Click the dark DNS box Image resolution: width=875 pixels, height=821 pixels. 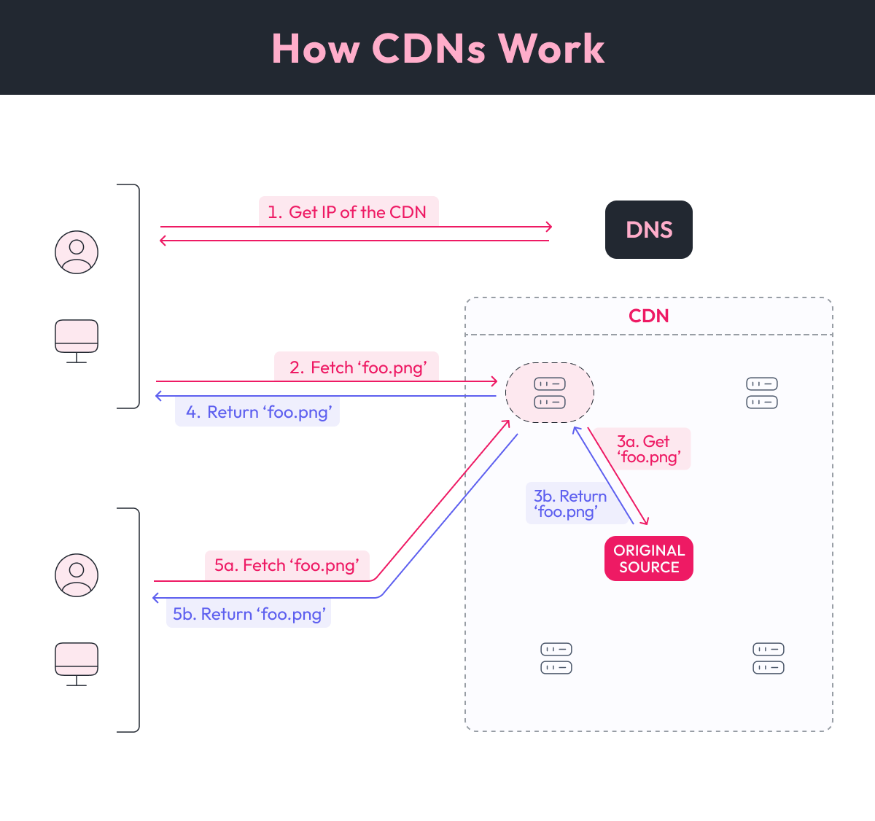click(648, 230)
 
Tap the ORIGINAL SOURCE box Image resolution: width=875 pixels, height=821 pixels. click(648, 559)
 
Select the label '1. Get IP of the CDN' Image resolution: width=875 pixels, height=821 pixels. click(349, 212)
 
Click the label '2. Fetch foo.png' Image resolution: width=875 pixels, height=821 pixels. click(357, 367)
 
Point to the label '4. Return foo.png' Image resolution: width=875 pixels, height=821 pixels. click(257, 413)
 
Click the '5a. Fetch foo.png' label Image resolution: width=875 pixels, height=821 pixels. click(287, 565)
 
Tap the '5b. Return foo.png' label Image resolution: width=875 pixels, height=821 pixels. click(249, 614)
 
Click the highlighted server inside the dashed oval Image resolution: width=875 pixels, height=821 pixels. click(550, 393)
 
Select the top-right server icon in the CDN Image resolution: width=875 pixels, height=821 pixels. click(762, 393)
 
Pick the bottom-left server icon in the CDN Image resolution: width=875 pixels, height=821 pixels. click(556, 658)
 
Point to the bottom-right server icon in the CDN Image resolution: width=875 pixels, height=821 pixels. click(769, 658)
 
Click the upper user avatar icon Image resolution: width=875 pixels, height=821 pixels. click(77, 252)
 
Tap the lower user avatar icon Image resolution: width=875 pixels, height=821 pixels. click(77, 575)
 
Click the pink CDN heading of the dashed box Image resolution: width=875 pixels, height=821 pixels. click(648, 316)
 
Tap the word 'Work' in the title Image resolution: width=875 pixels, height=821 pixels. click(551, 49)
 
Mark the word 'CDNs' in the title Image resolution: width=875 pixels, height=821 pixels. click(429, 49)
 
